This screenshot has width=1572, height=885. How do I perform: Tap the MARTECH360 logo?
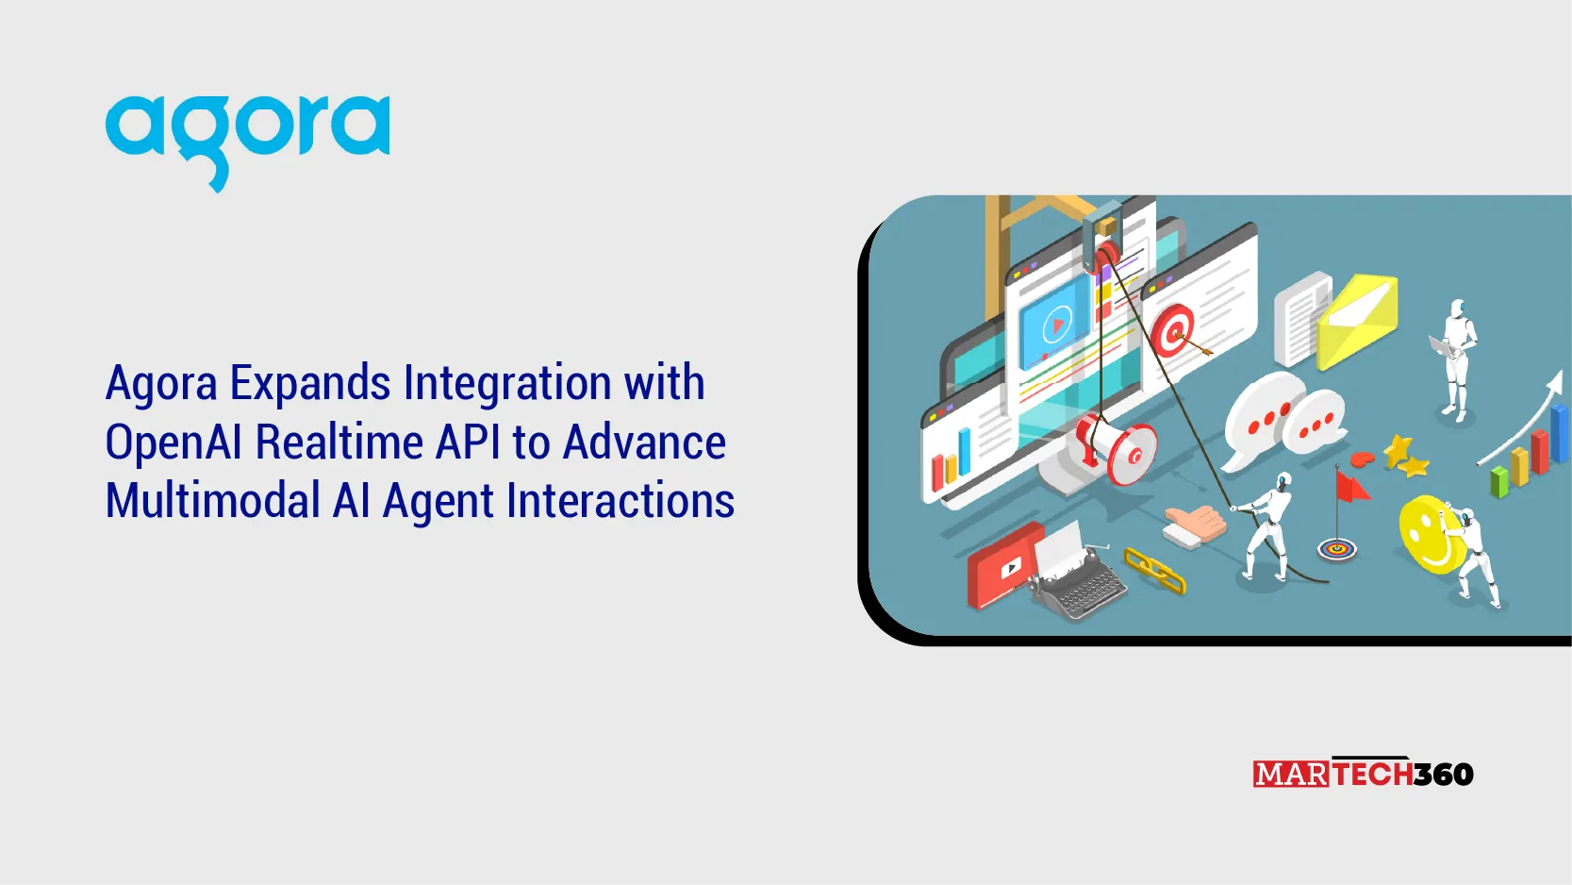click(x=1363, y=774)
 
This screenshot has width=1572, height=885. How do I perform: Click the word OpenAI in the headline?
click(x=174, y=442)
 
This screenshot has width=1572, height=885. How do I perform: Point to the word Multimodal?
click(x=212, y=501)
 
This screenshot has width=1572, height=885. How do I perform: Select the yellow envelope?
click(x=1358, y=321)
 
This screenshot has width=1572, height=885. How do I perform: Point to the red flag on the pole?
click(x=1352, y=487)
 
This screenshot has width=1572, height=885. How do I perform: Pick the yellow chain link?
click(x=1155, y=571)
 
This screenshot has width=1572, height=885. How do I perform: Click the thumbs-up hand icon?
click(x=1194, y=525)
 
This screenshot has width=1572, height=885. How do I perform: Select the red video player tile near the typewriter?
click(x=1003, y=567)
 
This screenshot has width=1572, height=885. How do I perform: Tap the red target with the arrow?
click(x=1174, y=331)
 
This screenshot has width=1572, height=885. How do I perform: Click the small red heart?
click(x=1363, y=459)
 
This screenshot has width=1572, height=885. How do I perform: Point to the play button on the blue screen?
click(x=1057, y=326)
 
